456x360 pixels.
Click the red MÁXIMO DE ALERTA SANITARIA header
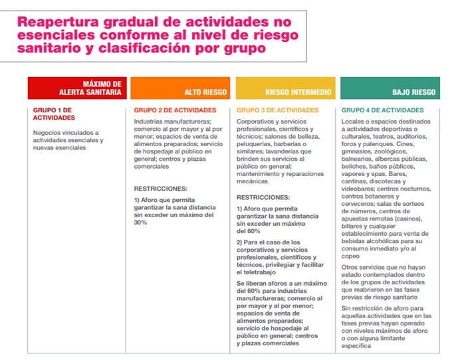point(76,88)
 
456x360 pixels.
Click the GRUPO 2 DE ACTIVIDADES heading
point(175,110)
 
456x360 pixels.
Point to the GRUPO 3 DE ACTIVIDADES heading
point(277,110)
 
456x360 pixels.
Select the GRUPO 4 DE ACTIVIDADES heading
point(382,110)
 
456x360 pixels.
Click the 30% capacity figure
point(140,223)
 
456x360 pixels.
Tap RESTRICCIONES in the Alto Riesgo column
point(160,189)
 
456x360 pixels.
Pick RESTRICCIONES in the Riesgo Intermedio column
point(263,197)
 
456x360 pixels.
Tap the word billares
point(355,226)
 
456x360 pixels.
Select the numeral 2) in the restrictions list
point(240,242)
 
